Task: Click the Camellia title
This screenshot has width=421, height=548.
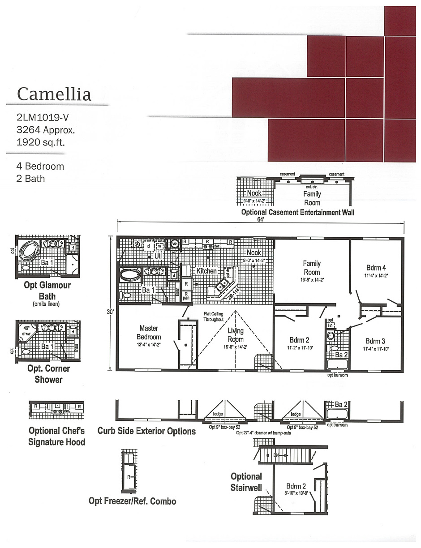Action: tap(54, 94)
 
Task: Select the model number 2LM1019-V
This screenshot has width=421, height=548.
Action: tap(43, 118)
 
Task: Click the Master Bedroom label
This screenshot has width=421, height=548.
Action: tap(149, 333)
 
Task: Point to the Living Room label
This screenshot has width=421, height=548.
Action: tap(235, 335)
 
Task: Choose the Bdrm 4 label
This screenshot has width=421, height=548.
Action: tap(376, 268)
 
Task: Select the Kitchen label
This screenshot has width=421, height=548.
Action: tap(206, 271)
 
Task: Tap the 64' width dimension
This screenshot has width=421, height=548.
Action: tap(261, 219)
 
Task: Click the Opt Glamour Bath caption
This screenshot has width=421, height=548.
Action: tap(47, 291)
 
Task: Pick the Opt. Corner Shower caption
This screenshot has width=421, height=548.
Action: tap(48, 374)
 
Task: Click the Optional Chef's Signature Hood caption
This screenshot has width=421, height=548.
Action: tap(56, 437)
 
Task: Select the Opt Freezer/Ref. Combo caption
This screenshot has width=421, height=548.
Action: tap(132, 501)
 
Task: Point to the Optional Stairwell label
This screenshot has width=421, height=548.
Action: tap(246, 482)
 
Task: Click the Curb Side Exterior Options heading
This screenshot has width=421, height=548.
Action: tap(146, 431)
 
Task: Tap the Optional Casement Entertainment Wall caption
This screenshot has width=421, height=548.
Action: tap(297, 212)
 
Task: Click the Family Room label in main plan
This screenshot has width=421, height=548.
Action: tap(312, 268)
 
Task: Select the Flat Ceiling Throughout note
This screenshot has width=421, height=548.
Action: tap(213, 317)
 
